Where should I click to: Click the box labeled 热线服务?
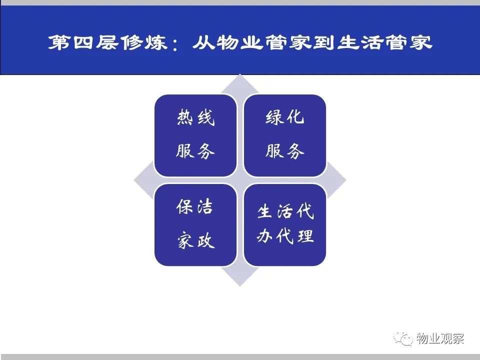tap(195, 135)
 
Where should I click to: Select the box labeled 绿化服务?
tap(284, 135)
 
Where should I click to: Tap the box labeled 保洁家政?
tap(195, 225)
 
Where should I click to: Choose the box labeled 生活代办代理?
tap(284, 225)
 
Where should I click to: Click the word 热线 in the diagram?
tap(195, 117)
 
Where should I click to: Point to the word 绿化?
tap(284, 117)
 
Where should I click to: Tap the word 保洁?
tap(194, 206)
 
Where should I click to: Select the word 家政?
tap(196, 240)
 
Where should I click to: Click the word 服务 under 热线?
tap(195, 151)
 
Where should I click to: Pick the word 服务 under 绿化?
tap(284, 151)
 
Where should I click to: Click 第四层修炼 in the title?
tap(107, 42)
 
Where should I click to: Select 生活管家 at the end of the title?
tap(385, 42)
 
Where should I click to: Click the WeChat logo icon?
tap(403, 339)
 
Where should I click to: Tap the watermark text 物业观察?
tap(440, 338)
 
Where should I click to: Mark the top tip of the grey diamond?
tap(240, 74)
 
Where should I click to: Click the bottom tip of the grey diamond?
tap(240, 286)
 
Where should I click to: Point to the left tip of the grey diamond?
tap(134, 180)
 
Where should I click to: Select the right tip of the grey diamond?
tap(346, 180)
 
